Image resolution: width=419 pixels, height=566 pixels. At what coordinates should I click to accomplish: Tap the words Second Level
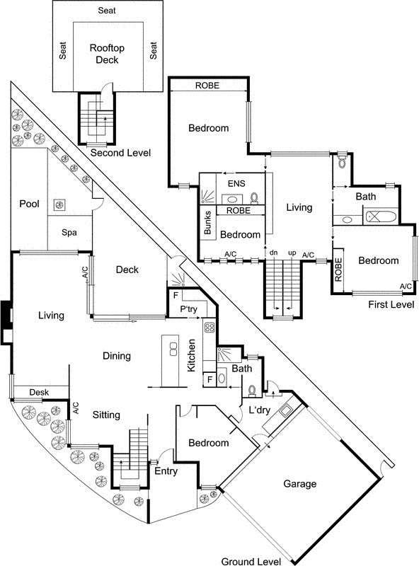[x=120, y=153]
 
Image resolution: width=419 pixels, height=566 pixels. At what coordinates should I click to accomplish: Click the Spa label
[x=69, y=232]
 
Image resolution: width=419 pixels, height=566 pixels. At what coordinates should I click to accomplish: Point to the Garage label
[x=300, y=484]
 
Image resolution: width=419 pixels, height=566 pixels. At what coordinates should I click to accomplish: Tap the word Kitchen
[x=191, y=357]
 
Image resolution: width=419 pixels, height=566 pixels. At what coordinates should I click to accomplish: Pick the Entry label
[x=166, y=470]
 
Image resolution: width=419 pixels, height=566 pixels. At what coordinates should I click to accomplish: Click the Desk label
[x=38, y=393]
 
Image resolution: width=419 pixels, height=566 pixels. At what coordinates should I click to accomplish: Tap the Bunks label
[x=208, y=222]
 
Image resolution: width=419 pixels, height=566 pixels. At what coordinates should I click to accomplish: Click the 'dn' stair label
[x=273, y=253]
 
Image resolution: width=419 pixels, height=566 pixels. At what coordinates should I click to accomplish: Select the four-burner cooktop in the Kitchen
[x=209, y=328]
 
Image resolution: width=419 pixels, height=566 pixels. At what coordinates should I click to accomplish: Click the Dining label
[x=117, y=356]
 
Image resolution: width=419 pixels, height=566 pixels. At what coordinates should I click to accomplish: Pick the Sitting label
[x=106, y=415]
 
